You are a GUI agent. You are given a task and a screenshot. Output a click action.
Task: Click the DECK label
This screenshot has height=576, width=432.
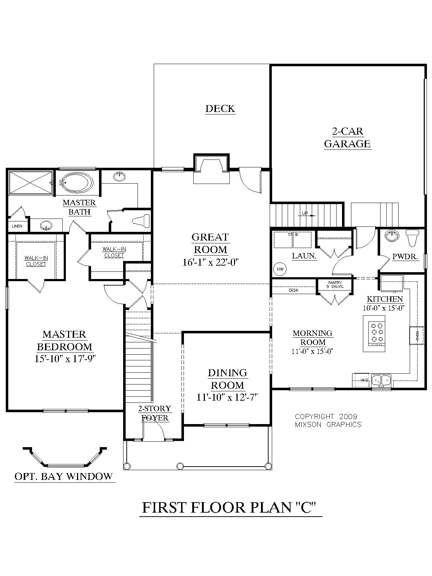coord(220,108)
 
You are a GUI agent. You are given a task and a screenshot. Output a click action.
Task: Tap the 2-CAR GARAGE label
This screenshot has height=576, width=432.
coord(347,138)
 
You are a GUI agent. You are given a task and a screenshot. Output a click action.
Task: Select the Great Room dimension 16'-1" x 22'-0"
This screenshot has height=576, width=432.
coord(211,262)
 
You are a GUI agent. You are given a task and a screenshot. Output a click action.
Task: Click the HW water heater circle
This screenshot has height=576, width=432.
coord(280,269)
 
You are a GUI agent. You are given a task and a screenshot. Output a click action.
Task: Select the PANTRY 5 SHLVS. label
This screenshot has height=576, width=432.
coord(334,284)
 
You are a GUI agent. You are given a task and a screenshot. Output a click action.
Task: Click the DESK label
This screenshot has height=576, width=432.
coord(293,290)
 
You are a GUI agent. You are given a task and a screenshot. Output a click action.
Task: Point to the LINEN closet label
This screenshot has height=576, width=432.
coord(17,226)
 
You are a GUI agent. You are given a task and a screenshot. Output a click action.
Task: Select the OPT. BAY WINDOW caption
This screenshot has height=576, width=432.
coord(63,477)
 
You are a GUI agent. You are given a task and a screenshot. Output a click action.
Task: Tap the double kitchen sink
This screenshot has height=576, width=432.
coord(381,379)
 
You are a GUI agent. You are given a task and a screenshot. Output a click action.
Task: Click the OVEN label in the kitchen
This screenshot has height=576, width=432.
coord(417,336)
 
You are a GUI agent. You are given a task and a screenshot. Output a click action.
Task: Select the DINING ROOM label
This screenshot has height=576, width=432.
coord(227,379)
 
